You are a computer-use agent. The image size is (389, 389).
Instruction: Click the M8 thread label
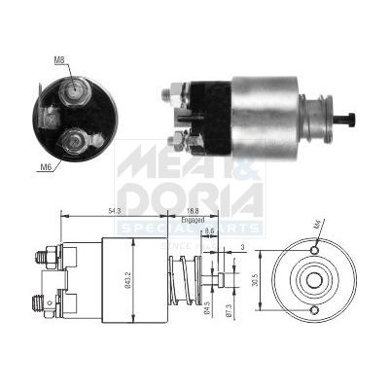pos(60,60)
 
